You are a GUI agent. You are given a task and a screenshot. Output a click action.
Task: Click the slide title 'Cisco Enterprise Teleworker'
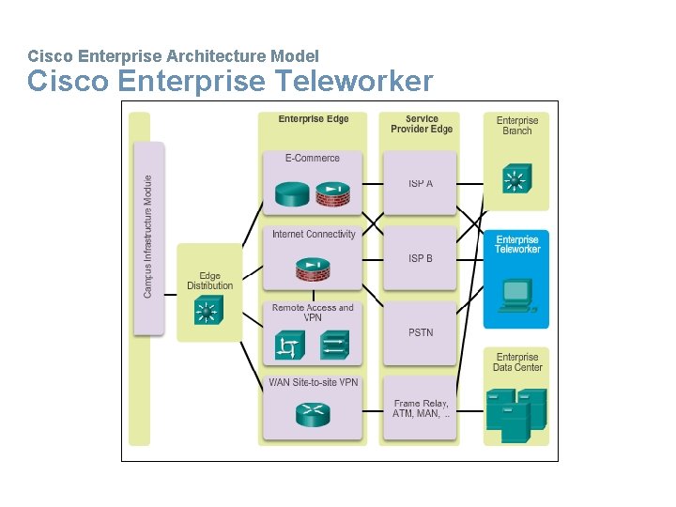click(x=230, y=82)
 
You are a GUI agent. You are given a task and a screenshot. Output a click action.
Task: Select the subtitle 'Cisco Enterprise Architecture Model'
click(x=174, y=56)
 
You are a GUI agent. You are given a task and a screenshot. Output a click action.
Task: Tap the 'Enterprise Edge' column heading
click(x=314, y=119)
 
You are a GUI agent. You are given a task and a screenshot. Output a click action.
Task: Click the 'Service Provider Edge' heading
click(x=422, y=124)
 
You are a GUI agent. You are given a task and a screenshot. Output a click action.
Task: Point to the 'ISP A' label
click(x=421, y=183)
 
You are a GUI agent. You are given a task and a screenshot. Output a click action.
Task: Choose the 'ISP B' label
click(x=421, y=258)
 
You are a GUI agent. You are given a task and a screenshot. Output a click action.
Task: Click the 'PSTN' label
click(x=421, y=332)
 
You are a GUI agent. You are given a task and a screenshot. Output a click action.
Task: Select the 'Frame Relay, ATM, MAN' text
click(x=422, y=408)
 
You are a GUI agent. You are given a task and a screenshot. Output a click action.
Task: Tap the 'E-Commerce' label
click(x=313, y=158)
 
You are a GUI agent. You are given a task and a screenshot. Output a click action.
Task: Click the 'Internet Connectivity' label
click(x=314, y=234)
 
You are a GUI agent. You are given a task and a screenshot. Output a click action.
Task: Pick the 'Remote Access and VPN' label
click(x=313, y=313)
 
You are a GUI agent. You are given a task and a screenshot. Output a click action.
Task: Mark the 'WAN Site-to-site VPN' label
click(x=313, y=382)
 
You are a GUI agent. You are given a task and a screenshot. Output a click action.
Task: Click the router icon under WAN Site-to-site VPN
click(x=313, y=414)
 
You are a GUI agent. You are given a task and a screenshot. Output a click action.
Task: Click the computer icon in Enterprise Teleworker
click(x=516, y=294)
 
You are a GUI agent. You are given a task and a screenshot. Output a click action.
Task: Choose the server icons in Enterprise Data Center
click(x=516, y=413)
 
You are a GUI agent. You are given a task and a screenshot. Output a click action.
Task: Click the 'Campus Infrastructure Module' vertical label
click(x=147, y=237)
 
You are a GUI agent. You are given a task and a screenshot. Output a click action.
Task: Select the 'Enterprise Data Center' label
click(x=516, y=362)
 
